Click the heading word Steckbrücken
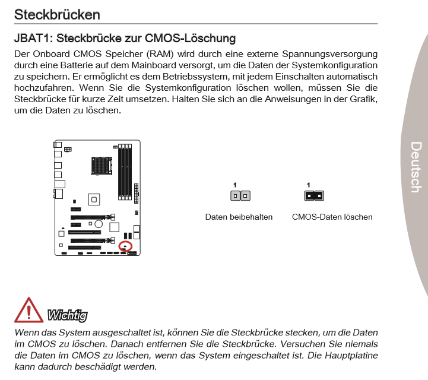(x=57, y=14)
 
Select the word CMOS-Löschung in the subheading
(x=199, y=39)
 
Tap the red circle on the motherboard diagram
(x=125, y=245)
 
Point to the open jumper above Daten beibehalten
(x=240, y=195)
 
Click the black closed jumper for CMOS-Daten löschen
(x=313, y=195)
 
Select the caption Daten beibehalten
(x=239, y=217)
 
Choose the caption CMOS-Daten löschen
(x=332, y=217)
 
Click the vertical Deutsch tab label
(x=416, y=167)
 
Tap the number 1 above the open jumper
(x=235, y=185)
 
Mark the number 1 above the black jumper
(x=308, y=185)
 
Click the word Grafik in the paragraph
(x=358, y=99)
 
